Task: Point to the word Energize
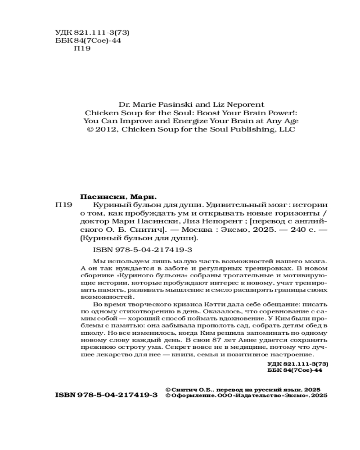(x=184, y=121)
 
